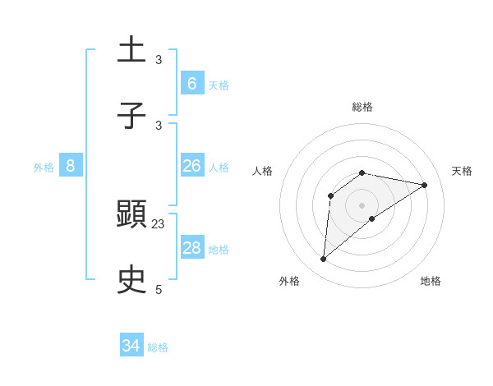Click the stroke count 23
(x=159, y=223)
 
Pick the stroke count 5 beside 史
(x=159, y=289)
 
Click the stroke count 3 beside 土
(x=159, y=59)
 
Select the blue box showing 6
(x=191, y=83)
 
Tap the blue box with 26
(x=191, y=166)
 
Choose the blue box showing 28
(x=191, y=248)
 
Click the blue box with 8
(x=71, y=166)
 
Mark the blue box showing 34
(x=131, y=346)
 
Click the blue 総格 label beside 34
(x=158, y=347)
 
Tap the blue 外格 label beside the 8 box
(x=44, y=168)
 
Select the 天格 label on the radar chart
(x=462, y=171)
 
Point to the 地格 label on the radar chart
(x=431, y=281)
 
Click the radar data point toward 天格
(x=425, y=185)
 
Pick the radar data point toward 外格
(x=324, y=260)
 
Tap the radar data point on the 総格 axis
(x=362, y=172)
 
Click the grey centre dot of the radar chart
(x=362, y=204)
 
